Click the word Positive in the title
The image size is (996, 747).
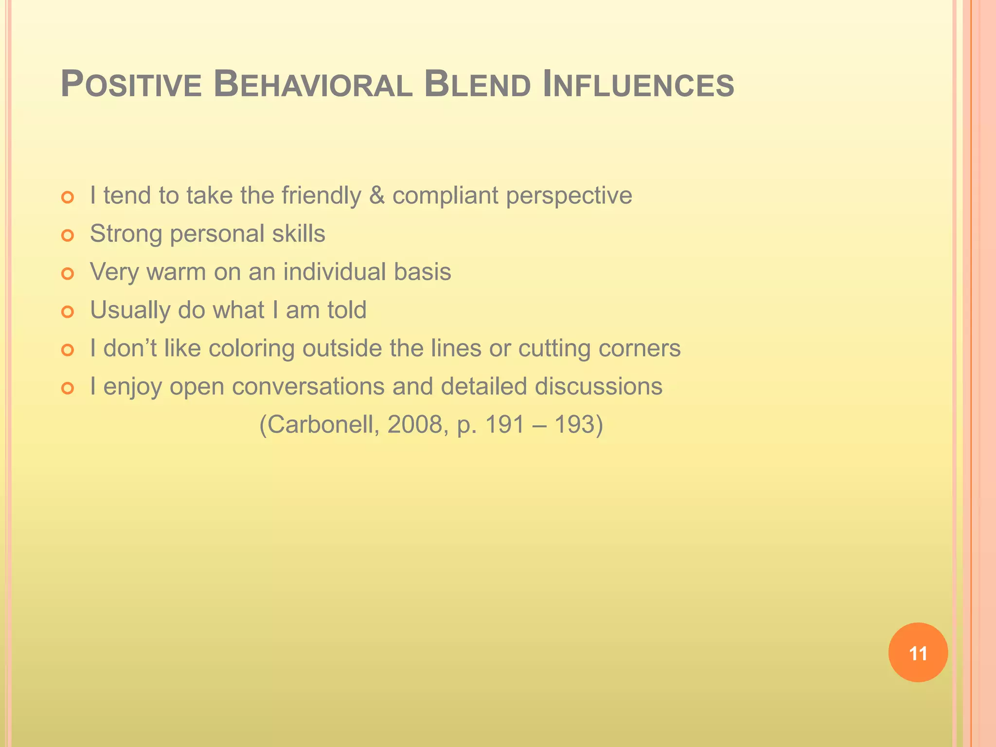[x=131, y=85]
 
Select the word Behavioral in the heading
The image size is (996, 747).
[x=313, y=85]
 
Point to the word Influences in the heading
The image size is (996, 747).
[x=638, y=85]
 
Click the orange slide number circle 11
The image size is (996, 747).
[x=918, y=653]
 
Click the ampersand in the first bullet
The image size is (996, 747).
[x=377, y=196]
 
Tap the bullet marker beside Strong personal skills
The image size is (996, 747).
[x=68, y=235]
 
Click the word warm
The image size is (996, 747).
[x=176, y=272]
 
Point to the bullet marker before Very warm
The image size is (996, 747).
[x=68, y=274]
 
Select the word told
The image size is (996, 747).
[x=347, y=310]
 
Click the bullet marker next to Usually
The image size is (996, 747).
[x=68, y=312]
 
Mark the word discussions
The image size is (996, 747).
[x=599, y=387]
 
